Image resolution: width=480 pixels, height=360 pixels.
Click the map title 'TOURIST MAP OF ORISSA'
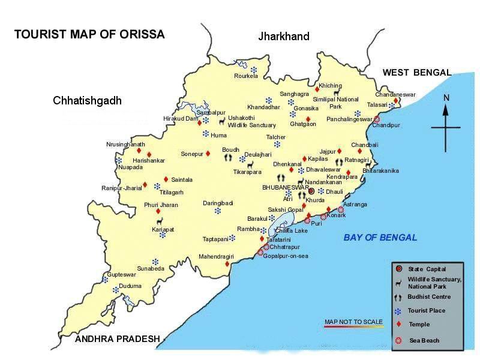[89, 34]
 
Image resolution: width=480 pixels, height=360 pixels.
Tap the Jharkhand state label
[284, 37]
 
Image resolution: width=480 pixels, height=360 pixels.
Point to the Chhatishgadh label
[87, 100]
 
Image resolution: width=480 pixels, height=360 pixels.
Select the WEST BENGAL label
[416, 73]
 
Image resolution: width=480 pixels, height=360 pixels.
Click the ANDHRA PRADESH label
[118, 339]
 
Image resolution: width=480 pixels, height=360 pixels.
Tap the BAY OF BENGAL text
[380, 238]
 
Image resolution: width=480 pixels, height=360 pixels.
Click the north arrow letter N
[446, 98]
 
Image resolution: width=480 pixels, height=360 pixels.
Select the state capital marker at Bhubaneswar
[311, 191]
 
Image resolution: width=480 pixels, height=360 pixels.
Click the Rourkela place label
[245, 76]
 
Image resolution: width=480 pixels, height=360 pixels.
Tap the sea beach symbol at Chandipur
[376, 119]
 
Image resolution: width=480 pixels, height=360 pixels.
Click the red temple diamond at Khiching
[317, 88]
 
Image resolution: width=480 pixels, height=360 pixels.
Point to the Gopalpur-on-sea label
[286, 256]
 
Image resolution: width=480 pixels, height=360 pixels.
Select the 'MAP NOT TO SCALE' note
[353, 322]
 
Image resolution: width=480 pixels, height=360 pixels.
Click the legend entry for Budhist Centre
[429, 297]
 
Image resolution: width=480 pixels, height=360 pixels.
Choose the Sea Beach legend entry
[424, 341]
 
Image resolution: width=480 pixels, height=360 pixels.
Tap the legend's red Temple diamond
[398, 325]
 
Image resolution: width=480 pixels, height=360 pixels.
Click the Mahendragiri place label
[215, 257]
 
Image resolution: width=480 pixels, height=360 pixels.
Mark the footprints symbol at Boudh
[228, 158]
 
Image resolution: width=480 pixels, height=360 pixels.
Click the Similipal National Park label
[344, 103]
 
